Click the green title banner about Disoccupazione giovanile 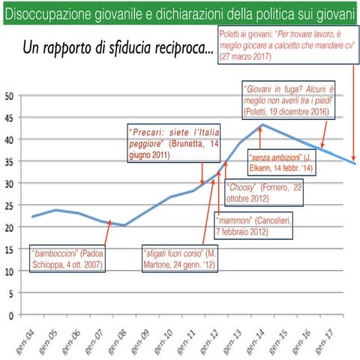point(180,12)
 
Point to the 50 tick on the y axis point(9,95)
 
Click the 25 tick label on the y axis point(9,205)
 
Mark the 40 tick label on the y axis point(9,139)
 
